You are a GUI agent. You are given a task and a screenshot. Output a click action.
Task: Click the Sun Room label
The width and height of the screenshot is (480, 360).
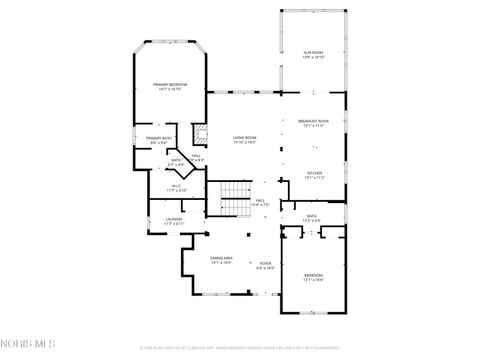tap(313, 52)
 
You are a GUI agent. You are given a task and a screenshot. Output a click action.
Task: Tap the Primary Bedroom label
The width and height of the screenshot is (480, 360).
tap(170, 85)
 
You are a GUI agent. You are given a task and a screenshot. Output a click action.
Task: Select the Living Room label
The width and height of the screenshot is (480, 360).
tap(245, 138)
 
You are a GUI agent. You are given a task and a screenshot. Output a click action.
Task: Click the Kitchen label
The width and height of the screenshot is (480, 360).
tap(314, 172)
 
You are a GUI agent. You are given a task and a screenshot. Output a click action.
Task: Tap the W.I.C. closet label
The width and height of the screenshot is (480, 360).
tap(176, 185)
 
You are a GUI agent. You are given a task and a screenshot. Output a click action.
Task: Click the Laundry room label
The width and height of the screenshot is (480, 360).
tap(174, 219)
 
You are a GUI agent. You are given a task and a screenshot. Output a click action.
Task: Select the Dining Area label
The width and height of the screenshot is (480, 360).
tap(221, 258)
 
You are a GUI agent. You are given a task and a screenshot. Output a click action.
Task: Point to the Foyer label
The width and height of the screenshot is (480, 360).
tap(265, 263)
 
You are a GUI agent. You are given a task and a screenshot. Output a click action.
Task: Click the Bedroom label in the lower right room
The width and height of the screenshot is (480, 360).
tap(313, 275)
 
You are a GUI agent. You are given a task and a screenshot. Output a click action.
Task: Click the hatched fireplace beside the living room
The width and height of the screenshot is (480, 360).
tap(199, 134)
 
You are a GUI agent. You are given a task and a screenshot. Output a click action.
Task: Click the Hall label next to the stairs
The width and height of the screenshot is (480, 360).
tap(260, 200)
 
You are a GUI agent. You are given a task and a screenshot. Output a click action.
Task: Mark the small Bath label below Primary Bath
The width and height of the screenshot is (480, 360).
tap(176, 160)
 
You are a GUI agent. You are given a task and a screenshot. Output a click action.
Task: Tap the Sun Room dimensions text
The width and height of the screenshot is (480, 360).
tap(313, 57)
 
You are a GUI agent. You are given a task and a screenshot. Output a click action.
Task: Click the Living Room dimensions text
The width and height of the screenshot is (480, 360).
tap(245, 143)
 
